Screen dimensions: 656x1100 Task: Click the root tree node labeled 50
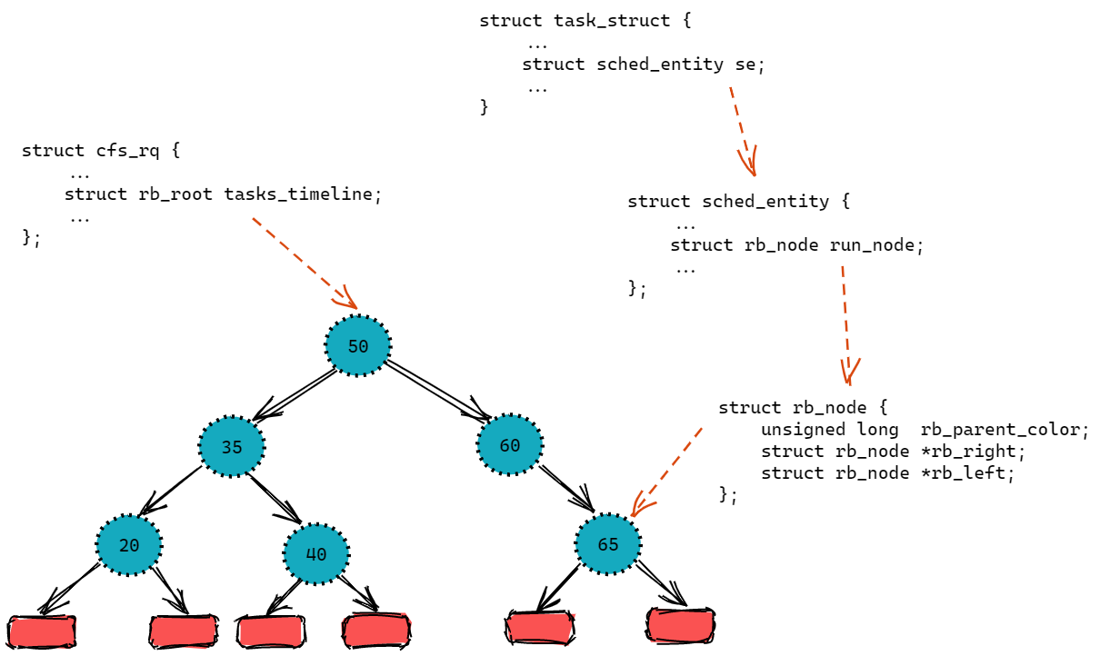coord(358,346)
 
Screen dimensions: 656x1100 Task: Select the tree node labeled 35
coord(232,447)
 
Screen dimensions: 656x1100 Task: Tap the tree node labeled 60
coord(510,445)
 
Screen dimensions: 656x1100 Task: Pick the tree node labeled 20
coord(129,545)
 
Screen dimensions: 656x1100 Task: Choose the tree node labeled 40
coord(316,552)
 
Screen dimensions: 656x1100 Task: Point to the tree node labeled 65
coord(608,544)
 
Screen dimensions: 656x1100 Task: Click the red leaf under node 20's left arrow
coord(42,631)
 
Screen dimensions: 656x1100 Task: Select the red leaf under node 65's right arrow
coord(680,625)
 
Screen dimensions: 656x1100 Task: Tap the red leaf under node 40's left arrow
coord(269,631)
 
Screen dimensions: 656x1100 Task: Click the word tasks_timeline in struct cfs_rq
coord(297,194)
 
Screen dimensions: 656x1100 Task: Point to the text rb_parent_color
coord(1003,429)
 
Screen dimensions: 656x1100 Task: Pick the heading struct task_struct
coord(585,20)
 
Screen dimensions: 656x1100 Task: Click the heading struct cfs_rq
coord(100,150)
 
